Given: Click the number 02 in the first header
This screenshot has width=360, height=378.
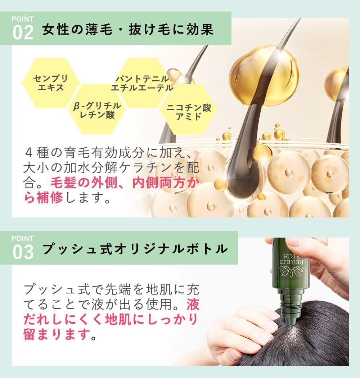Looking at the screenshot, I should click(23, 33).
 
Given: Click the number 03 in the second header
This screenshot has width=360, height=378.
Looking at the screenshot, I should click(23, 252).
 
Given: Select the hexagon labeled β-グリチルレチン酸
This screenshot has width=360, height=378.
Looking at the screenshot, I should click(97, 109).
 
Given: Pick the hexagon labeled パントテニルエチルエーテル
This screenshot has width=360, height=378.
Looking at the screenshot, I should click(142, 83).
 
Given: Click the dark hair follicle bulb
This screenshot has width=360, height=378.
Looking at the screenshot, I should click(245, 169).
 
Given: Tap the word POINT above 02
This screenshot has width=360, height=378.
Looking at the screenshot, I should click(22, 19).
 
